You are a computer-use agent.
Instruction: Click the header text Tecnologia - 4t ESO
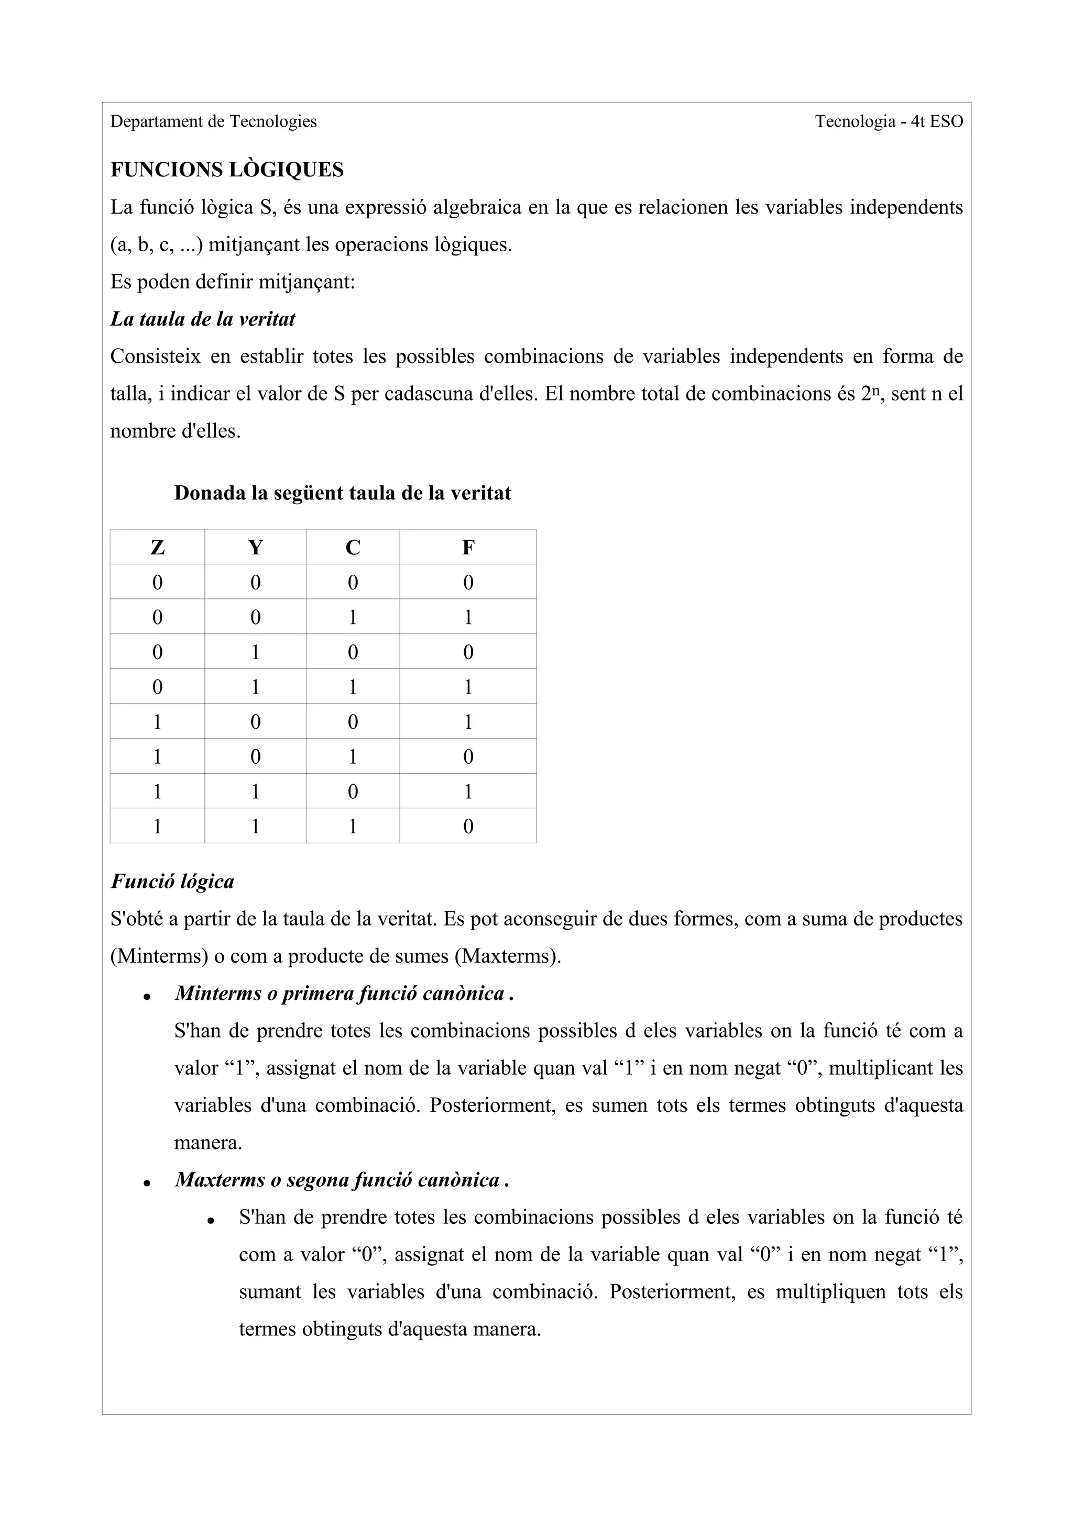coord(889,121)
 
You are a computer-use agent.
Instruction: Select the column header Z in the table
coord(157,548)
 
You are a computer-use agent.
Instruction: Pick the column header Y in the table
coord(255,548)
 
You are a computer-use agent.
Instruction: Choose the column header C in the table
coord(353,548)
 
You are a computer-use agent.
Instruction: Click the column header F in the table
coord(468,548)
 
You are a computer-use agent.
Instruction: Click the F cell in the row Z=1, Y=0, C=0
coord(468,721)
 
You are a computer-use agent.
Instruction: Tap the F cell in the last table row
coord(468,827)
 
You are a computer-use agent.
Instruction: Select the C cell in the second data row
coord(353,618)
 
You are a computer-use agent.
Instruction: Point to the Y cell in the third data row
coord(255,653)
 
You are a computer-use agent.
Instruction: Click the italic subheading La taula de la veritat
coord(202,319)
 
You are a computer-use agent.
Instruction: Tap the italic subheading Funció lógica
coord(172,882)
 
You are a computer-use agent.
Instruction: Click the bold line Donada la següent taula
coord(343,494)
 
